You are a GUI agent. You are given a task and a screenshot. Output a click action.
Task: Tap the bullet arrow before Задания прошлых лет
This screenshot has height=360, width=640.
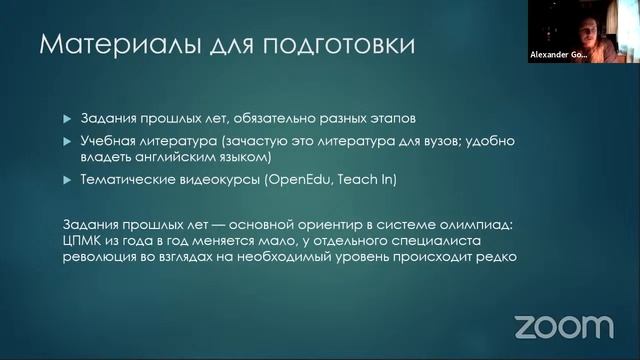pyautogui.click(x=68, y=118)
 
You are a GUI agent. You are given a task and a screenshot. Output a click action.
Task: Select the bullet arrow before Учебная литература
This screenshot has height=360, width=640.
pyautogui.click(x=68, y=141)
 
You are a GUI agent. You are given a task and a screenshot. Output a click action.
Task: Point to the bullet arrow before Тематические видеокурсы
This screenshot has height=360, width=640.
pyautogui.click(x=68, y=179)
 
